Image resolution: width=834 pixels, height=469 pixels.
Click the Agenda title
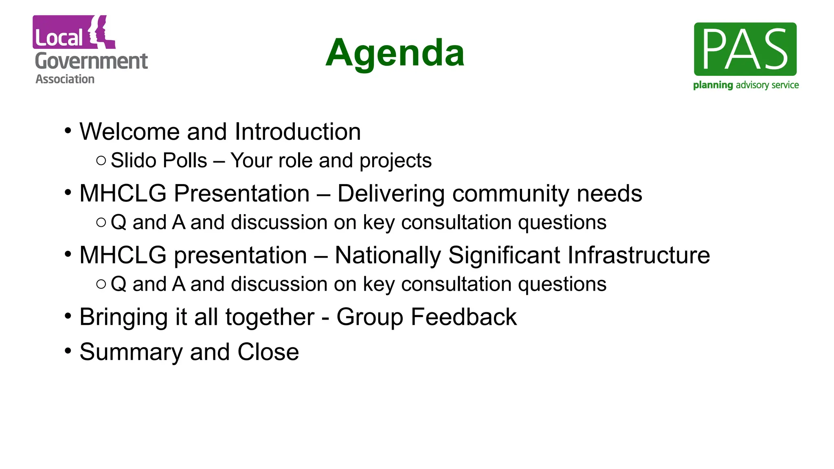coord(395,53)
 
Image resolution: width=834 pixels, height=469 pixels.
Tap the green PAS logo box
coord(745,49)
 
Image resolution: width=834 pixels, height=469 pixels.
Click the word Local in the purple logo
coord(59,38)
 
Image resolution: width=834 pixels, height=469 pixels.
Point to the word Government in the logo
coord(91,61)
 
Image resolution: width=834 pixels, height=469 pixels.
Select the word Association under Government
coord(65,79)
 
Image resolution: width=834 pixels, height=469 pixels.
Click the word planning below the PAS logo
coord(713,85)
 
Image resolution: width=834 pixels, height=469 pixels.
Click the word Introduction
coord(298,132)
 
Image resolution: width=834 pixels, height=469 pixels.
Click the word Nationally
coord(388,256)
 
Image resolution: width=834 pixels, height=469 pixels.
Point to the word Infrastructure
coord(639,255)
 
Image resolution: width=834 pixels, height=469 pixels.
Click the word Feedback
coord(463,317)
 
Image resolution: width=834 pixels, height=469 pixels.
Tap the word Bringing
coord(123,318)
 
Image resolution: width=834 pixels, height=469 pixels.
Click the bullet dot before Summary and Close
coord(68,350)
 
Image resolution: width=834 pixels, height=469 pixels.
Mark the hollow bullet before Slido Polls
coord(101,160)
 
